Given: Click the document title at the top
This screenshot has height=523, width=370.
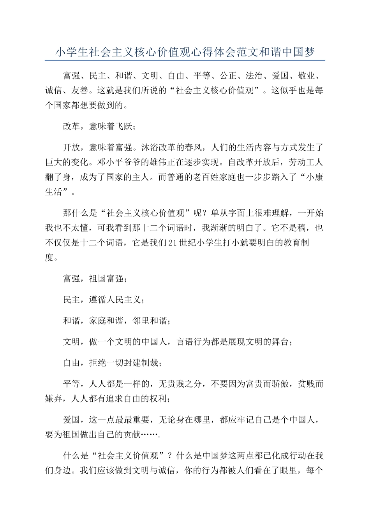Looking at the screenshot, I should click(185, 52).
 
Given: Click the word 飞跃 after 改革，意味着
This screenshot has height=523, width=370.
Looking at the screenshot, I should click(124, 126).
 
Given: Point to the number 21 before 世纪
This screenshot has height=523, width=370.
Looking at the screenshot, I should click(173, 242).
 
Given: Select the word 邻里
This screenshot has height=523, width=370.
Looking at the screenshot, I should click(141, 321).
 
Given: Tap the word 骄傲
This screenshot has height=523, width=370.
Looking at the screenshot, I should click(280, 384).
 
